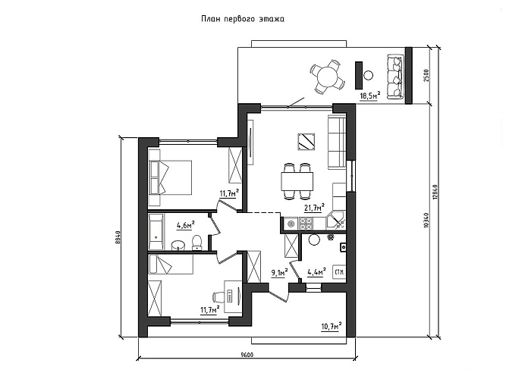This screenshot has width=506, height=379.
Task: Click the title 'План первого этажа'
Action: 243,19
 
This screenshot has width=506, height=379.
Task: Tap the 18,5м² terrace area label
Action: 369,96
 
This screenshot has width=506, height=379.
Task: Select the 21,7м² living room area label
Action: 314,207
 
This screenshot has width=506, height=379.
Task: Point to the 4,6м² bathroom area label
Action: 186,224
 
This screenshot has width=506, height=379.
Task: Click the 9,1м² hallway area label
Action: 279,273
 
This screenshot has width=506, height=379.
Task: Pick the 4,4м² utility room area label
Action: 316,272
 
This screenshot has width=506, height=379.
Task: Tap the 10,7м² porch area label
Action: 332,327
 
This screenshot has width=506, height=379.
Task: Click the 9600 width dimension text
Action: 247,356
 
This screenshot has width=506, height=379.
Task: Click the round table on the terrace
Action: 327,77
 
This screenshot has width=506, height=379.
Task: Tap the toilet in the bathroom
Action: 196,243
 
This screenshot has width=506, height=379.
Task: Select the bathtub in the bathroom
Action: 156,232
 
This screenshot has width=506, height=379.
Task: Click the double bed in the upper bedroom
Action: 171,177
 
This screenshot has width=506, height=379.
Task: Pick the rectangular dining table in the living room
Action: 297,182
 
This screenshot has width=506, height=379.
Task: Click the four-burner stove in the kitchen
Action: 306,224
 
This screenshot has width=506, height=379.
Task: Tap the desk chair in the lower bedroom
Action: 218,296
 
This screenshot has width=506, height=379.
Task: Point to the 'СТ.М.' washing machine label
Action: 340,271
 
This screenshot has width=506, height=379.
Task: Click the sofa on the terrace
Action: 395,77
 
